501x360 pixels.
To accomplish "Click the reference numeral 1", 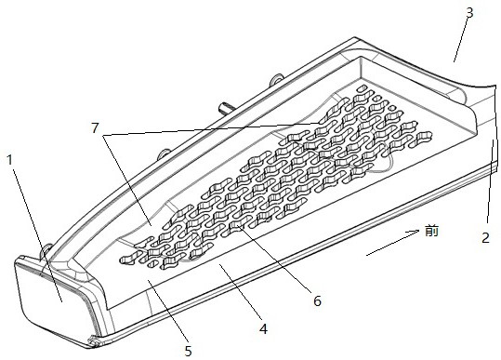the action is coord(10,160).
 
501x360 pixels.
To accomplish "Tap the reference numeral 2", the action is coord(485,238).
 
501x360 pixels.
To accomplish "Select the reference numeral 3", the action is coord(469,13).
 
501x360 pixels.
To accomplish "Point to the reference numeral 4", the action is coord(263,328).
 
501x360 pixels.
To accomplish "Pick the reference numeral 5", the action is coord(188,351).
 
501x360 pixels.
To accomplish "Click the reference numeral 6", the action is coord(317,300).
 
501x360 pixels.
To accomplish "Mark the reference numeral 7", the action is coord(95,127).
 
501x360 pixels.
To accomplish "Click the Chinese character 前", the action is coord(431,231).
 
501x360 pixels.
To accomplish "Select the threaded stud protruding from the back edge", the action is coord(224,107).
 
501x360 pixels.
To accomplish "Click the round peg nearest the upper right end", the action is coord(277,79).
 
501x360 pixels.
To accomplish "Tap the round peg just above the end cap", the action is coord(46,248).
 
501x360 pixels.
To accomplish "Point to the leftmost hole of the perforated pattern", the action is coord(126,260).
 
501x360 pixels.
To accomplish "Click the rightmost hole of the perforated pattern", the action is coord(424,136).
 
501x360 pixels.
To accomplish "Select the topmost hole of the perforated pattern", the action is coord(362,87).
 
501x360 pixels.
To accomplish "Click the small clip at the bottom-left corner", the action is coord(93,341).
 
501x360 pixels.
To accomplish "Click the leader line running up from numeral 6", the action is coord(273,259).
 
